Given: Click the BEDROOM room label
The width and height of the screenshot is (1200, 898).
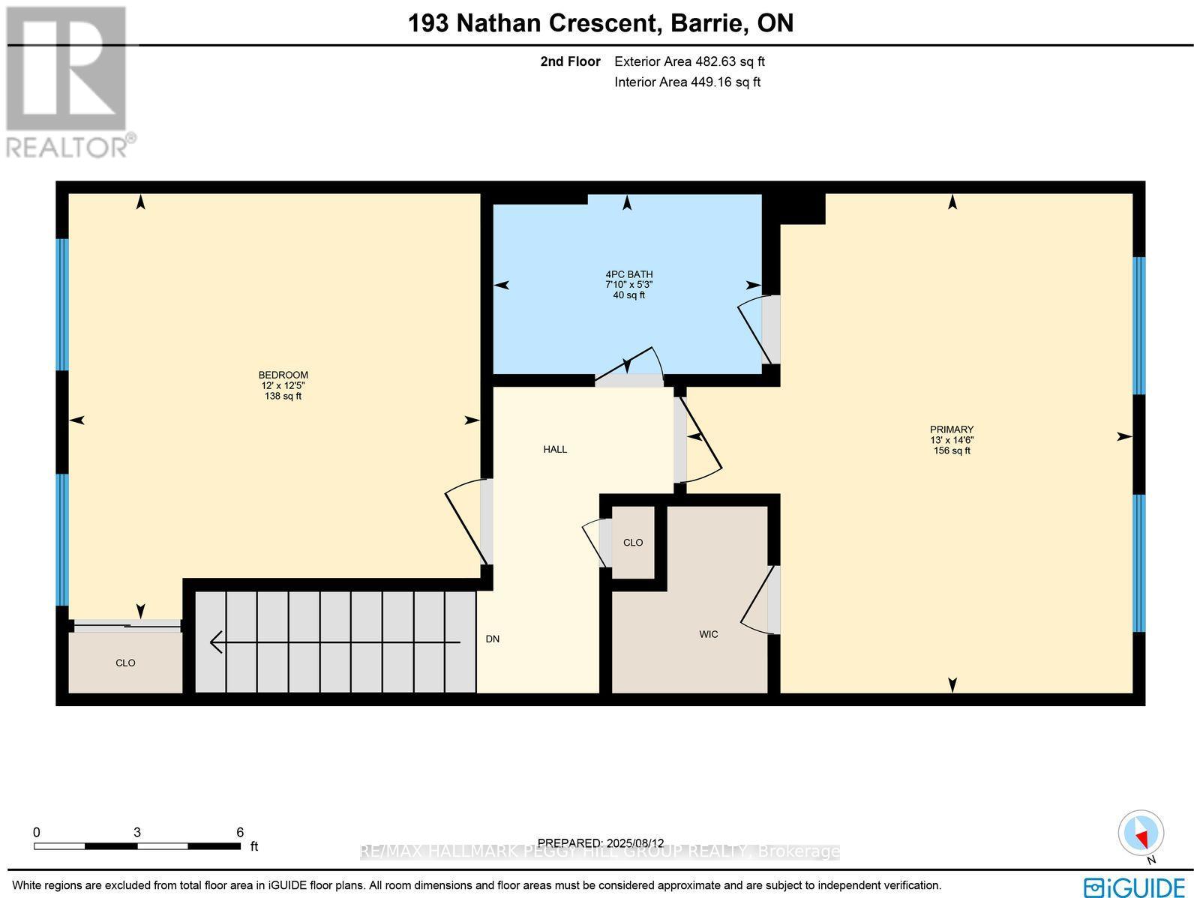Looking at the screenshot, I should coord(283,375).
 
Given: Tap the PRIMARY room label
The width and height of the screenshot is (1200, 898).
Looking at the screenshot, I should coord(952,430).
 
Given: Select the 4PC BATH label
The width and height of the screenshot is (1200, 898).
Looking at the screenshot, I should coord(628,274).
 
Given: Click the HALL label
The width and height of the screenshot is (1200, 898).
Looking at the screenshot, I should coord(555,449).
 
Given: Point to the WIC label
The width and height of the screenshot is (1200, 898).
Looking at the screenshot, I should coord(708,634).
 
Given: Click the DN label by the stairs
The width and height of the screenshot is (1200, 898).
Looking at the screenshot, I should coord(492,639).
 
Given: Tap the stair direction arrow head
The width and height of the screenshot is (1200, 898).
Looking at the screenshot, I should coord(216,642).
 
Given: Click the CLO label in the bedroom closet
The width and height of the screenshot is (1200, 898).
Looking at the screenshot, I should coord(125,663).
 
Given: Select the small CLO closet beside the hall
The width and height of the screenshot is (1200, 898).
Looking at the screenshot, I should coord(633,542).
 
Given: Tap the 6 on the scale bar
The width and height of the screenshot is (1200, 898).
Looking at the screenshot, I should coord(240,832).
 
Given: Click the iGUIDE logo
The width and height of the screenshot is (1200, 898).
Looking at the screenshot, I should coord(1134,887).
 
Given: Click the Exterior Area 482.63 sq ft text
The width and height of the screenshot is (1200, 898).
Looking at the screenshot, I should coord(689,62).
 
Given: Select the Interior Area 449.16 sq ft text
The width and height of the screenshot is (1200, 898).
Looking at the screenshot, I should coord(687,82).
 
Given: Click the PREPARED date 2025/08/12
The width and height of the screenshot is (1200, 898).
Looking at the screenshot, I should coord(601,843).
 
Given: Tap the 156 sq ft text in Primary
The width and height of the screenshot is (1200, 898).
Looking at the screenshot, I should coord(952,450).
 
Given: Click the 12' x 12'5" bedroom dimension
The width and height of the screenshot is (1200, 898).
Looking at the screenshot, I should coord(283,385).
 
